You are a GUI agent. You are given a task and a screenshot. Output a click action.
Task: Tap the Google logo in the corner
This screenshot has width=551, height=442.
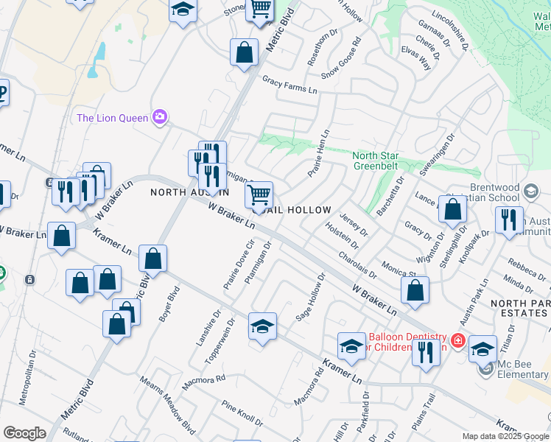(x=24, y=433)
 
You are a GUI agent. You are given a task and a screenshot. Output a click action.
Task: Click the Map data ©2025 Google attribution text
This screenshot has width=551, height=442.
(x=505, y=436)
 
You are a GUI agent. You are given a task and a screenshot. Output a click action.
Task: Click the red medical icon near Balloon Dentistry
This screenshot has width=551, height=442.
(x=457, y=340)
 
